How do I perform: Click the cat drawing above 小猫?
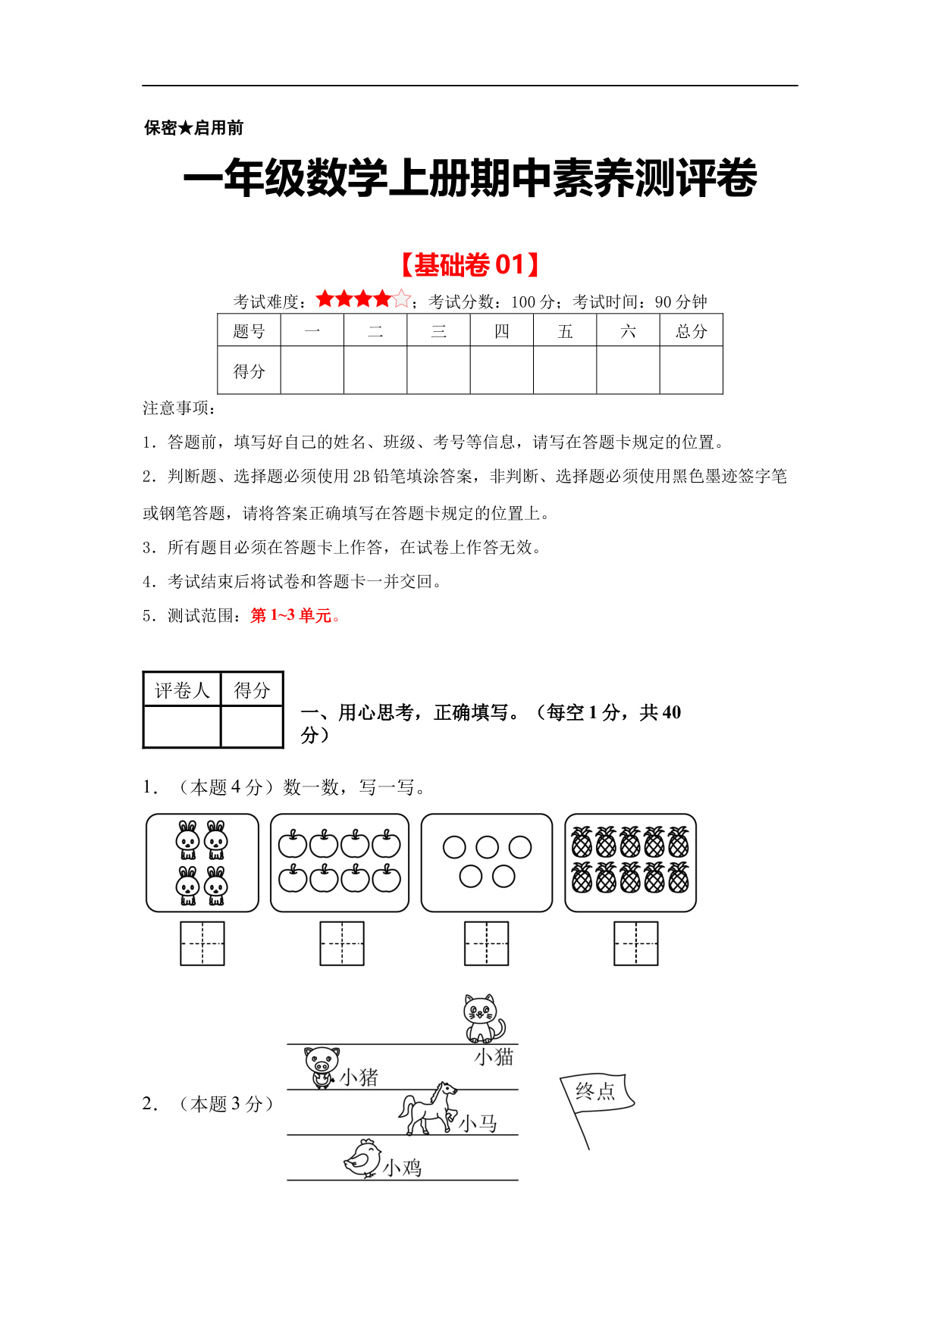[x=483, y=1018]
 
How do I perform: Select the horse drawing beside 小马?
[x=428, y=1109]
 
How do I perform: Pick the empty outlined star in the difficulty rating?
[x=402, y=299]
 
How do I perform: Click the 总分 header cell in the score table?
[x=691, y=331]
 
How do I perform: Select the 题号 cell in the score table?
[x=249, y=331]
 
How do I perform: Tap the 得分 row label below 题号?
[x=249, y=371]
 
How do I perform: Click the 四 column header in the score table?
[x=502, y=331]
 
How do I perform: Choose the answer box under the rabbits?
[x=202, y=943]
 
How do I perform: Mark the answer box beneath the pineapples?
[x=635, y=943]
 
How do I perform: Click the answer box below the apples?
[x=342, y=943]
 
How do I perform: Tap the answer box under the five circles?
[x=486, y=943]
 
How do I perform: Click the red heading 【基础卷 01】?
[x=470, y=265]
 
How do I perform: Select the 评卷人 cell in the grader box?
[x=182, y=690]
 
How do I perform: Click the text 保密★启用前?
[x=194, y=128]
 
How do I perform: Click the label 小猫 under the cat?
[x=494, y=1056]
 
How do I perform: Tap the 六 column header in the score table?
[x=628, y=331]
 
